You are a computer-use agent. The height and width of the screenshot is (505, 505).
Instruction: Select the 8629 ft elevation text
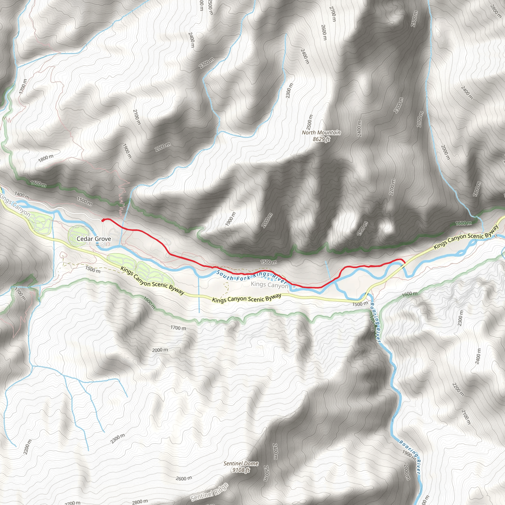[x=321, y=139]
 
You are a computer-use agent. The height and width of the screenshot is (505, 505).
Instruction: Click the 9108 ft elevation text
[x=241, y=470]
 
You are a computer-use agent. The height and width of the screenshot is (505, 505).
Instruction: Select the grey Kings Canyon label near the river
[x=269, y=285]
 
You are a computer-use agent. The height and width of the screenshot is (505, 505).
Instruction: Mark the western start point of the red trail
[x=103, y=220]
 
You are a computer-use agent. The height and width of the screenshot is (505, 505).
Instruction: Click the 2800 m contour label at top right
[x=495, y=10]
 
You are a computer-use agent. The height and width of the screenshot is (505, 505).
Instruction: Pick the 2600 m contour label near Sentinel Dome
[x=184, y=479]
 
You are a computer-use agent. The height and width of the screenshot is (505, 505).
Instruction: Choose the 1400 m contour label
[x=22, y=195]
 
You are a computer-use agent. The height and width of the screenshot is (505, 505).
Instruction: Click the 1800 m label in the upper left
[x=46, y=158]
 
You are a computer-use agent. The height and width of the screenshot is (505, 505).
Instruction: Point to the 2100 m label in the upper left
[x=137, y=117]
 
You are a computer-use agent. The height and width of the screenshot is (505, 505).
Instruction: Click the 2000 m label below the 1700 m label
[x=160, y=350]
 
